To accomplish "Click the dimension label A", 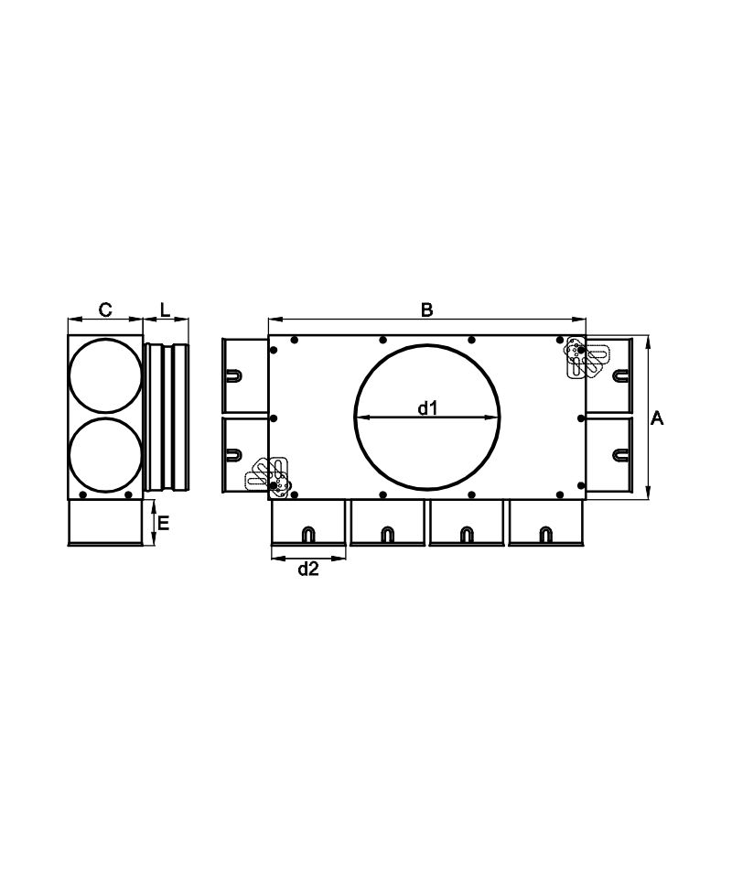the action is click(x=657, y=418).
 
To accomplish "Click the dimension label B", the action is click(x=426, y=310).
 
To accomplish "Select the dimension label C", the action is click(x=105, y=309).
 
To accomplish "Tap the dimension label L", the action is click(x=165, y=309).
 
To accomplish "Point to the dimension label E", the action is click(x=163, y=523).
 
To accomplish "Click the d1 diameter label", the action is click(x=427, y=408).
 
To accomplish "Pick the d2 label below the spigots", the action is click(x=308, y=570).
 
